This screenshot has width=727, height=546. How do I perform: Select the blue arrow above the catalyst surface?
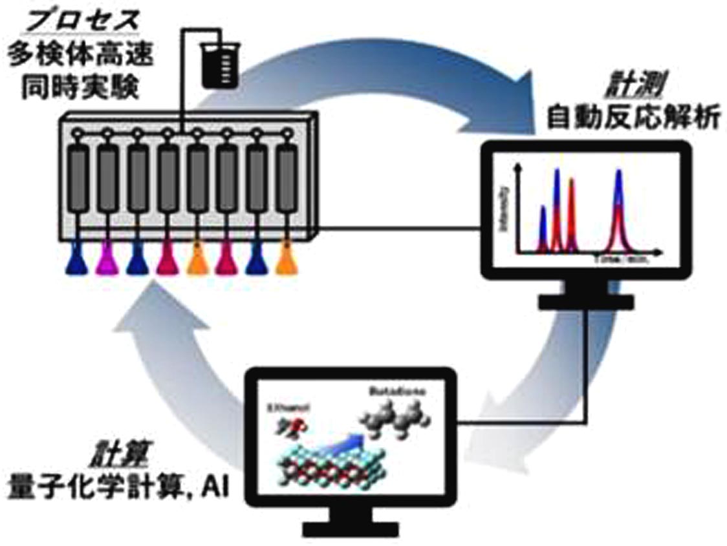coord(346,446)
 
